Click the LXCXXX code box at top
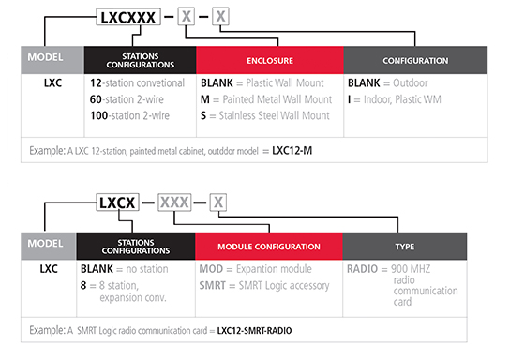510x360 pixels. pyautogui.click(x=134, y=16)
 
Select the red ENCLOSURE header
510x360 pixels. pyautogui.click(x=271, y=61)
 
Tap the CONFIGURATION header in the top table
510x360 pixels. pyautogui.click(x=414, y=61)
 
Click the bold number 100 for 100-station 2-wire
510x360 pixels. pyautogui.click(x=100, y=115)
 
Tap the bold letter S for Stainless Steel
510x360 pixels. pyautogui.click(x=203, y=115)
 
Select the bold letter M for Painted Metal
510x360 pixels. pyautogui.click(x=205, y=98)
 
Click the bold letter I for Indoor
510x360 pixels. pyautogui.click(x=351, y=98)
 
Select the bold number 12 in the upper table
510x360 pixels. pyautogui.click(x=97, y=82)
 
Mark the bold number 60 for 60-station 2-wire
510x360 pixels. pyautogui.click(x=97, y=98)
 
